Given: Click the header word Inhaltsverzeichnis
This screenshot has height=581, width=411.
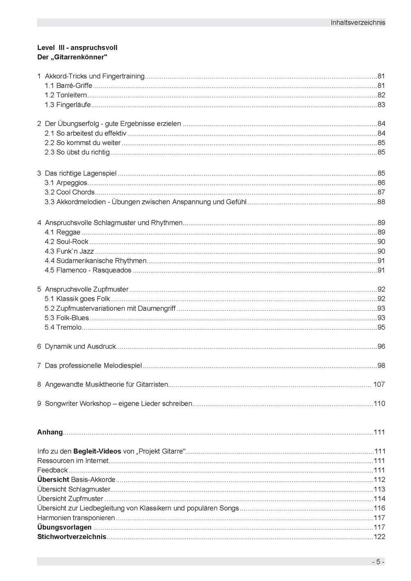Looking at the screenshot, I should [357, 23].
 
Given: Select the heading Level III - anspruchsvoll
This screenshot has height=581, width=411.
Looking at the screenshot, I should [77, 48].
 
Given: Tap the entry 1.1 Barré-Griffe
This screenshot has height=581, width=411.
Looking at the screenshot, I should [68, 86].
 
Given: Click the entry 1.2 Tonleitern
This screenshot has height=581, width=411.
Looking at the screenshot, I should [66, 95].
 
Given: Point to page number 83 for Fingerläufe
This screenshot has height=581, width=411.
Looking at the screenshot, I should [381, 105].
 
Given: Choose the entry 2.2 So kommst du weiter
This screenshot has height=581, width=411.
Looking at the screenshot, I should [83, 143].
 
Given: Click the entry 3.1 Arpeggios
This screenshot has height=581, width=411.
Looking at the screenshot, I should [66, 183].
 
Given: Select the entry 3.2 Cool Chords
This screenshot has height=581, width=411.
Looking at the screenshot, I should [70, 192].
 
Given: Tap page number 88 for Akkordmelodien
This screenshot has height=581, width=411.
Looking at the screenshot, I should [381, 202].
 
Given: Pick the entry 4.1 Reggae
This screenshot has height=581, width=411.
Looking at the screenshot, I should [63, 232].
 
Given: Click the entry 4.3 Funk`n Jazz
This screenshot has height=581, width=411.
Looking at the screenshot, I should [69, 251].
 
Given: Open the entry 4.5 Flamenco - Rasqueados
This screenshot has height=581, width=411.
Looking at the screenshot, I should [88, 270].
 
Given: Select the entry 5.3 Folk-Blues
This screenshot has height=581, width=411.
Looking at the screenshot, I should [67, 318].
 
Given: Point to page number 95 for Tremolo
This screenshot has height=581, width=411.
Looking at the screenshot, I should [381, 328].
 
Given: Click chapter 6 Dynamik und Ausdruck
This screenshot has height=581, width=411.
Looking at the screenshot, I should [77, 347].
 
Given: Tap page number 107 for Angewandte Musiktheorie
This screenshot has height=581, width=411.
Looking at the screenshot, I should [379, 385].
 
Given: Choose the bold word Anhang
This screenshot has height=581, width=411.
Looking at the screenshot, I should [50, 432].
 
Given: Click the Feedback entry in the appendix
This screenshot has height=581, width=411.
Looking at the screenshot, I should [52, 470].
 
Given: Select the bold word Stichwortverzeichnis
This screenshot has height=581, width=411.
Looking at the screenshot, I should [72, 537].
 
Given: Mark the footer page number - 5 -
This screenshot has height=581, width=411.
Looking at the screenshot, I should [378, 562].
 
